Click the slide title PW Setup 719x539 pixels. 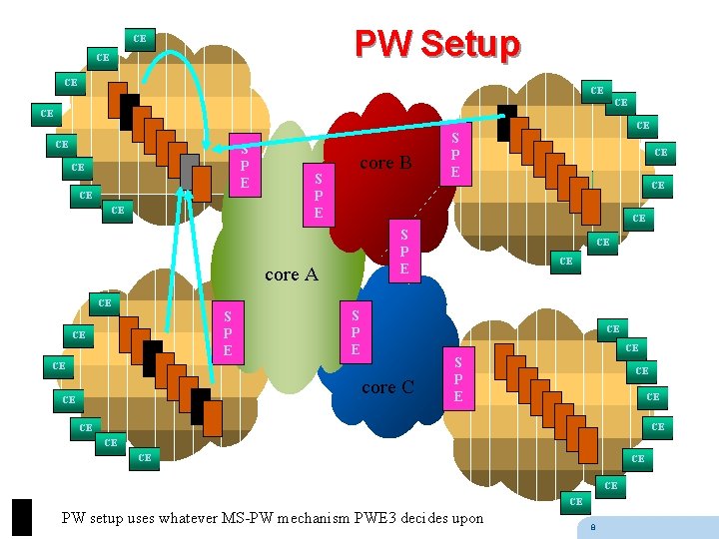(x=437, y=44)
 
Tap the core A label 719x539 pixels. (x=291, y=273)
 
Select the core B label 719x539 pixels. (x=384, y=163)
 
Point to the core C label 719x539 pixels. (x=387, y=386)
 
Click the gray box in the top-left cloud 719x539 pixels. (x=189, y=169)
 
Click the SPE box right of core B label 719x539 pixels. (x=454, y=154)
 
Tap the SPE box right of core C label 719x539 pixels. (x=457, y=380)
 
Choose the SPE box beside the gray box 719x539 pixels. (x=245, y=164)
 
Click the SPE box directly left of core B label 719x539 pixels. (x=318, y=194)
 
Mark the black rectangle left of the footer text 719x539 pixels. (x=22, y=517)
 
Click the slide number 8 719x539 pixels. (x=593, y=527)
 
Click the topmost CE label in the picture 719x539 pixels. (x=139, y=39)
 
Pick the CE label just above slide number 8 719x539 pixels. (x=575, y=502)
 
